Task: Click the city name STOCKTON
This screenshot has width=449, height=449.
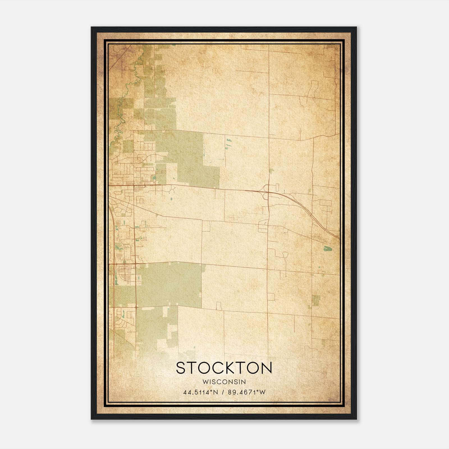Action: coord(224,368)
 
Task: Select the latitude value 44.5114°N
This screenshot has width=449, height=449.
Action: coord(200,392)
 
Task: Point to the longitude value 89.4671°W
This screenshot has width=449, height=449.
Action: coord(246,392)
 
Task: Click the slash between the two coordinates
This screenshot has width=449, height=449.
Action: coord(222,392)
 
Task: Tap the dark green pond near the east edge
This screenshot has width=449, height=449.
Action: coord(327,248)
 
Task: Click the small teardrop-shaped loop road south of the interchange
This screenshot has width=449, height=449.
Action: coord(285,255)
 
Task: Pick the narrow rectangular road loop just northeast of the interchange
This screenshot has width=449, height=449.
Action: coord(277,187)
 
